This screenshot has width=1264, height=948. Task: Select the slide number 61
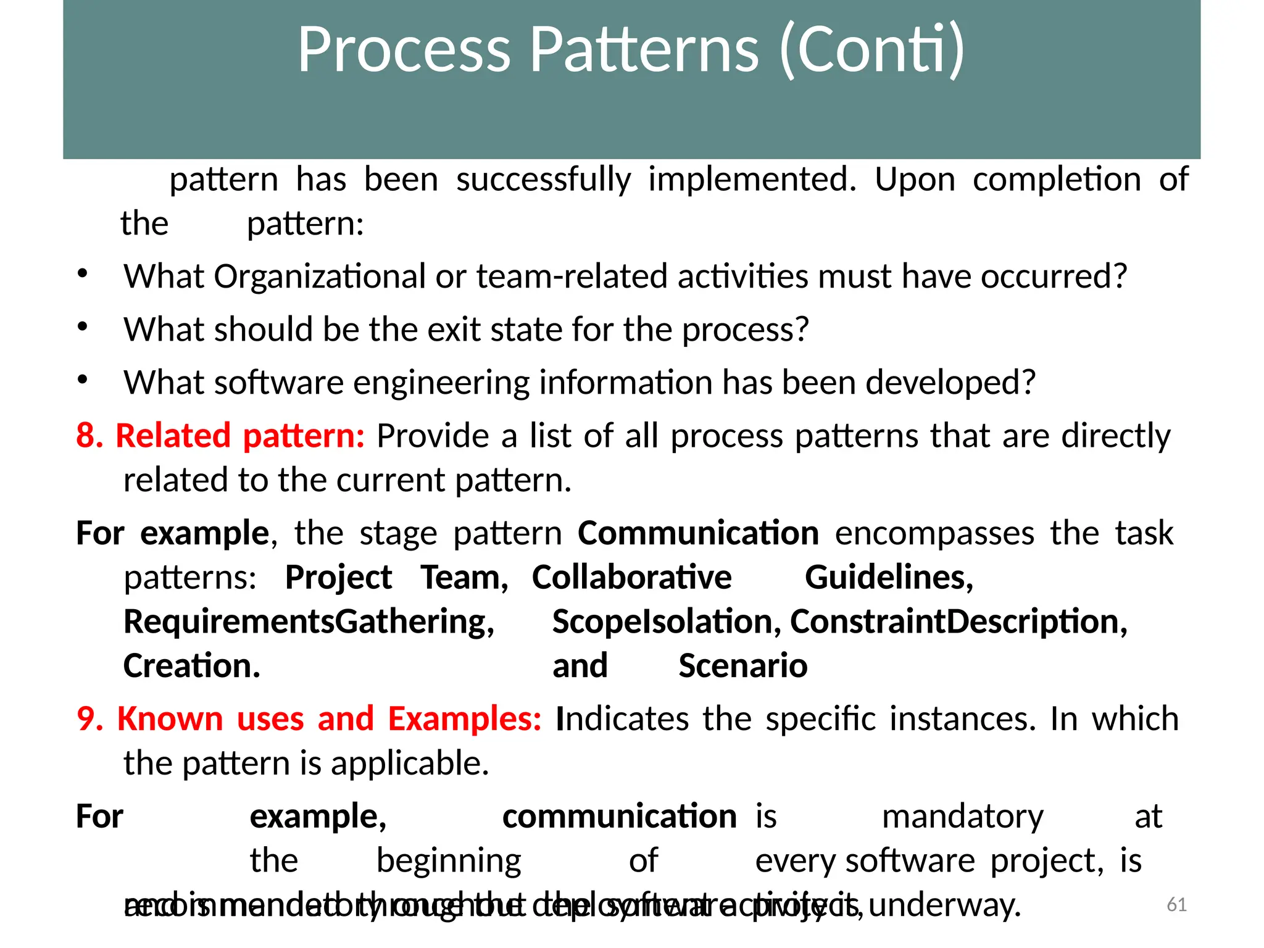[x=1176, y=905]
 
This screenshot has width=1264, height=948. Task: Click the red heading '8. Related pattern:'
[x=220, y=436]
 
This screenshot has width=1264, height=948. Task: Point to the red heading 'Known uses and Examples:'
[x=329, y=719]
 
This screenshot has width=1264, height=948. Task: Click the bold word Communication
[x=698, y=533]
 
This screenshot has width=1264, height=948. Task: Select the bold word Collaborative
[x=631, y=578]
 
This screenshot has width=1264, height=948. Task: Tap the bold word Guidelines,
[x=889, y=578]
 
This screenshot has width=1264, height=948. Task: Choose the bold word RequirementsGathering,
[x=309, y=622]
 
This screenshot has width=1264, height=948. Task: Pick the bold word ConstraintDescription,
[x=958, y=622]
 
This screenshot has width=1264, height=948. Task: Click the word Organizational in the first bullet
[x=320, y=276]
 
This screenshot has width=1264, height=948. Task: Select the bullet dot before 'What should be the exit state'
[x=83, y=327]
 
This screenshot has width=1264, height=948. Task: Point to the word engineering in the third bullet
[x=441, y=383]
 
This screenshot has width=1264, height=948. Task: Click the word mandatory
[x=962, y=817]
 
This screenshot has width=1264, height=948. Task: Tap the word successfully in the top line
[x=543, y=180]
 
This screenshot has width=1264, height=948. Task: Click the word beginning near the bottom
[x=449, y=861]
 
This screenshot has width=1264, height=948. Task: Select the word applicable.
[x=410, y=763]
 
